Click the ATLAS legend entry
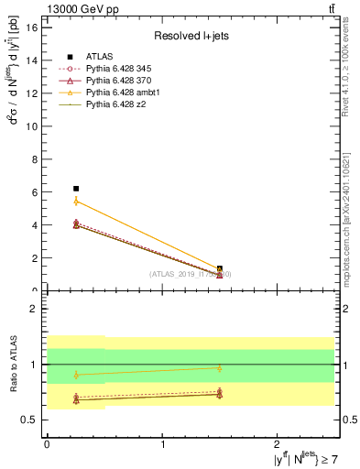95,57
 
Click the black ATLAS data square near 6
76,188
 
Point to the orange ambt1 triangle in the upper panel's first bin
76,201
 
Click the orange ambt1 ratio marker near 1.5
220,368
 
